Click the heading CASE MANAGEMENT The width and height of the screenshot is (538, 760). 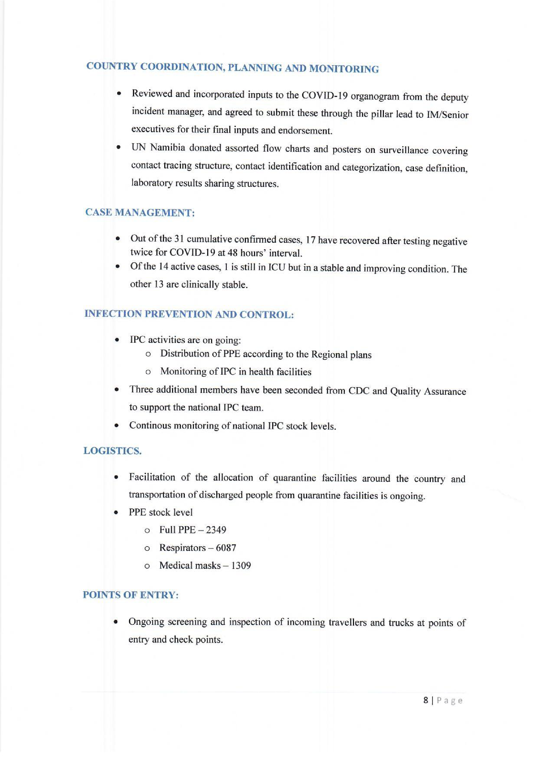point(140,212)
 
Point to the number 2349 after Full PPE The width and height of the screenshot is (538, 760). point(216,530)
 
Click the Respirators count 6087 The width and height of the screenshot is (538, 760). point(226,548)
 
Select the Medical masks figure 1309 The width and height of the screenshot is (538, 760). point(241,565)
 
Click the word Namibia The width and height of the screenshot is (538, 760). point(167,148)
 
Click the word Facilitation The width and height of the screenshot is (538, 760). point(152,477)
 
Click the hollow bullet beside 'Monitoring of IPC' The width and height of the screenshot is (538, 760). point(148,372)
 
